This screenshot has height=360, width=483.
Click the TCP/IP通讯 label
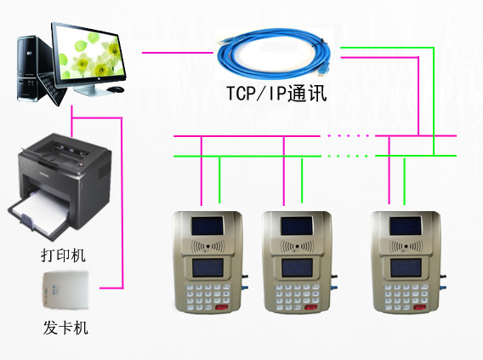276,94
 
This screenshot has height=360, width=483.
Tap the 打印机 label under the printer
63,255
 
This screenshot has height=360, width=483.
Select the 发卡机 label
65,328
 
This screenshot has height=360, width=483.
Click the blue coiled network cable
274,54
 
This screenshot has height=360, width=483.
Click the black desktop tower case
31,68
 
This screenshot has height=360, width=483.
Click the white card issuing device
65,290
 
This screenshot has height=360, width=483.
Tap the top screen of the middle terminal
297,226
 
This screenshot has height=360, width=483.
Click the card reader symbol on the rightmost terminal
406,246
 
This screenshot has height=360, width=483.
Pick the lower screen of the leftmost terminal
208,267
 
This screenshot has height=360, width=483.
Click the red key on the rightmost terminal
420,307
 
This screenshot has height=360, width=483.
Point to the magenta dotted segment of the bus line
348,135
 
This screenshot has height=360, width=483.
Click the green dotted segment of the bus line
348,156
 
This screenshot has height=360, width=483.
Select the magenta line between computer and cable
178,53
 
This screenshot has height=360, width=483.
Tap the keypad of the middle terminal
297,297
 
